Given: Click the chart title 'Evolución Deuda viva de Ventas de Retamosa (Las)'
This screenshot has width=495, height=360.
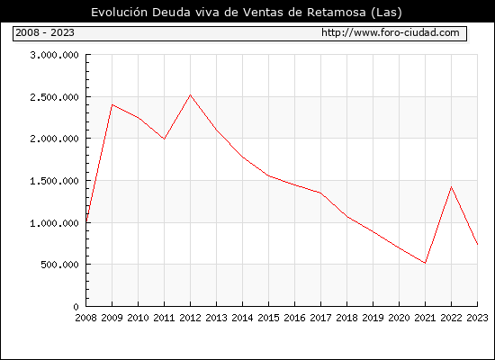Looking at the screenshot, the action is [x=247, y=13].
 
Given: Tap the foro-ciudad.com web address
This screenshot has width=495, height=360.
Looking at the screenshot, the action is [x=391, y=32].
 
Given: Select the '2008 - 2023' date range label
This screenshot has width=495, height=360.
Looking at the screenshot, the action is [x=45, y=32].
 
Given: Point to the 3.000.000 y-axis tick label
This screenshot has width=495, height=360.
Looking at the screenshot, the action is [x=54, y=55].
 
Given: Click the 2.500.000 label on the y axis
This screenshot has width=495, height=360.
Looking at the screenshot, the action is [x=54, y=97].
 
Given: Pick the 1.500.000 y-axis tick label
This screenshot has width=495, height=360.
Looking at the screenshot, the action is [x=54, y=181].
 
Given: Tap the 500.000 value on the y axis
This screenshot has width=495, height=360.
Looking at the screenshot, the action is [x=59, y=265].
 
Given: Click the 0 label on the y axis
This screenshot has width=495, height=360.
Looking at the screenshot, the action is [x=76, y=307].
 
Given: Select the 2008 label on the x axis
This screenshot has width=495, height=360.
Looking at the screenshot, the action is [x=85, y=318].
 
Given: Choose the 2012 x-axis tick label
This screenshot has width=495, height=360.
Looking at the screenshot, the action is [x=191, y=318].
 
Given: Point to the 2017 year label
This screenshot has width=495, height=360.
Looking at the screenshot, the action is [x=320, y=318].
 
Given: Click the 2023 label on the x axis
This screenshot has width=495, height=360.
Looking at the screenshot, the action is [x=477, y=318].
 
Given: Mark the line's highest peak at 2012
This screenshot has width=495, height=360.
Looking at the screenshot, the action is [x=191, y=94].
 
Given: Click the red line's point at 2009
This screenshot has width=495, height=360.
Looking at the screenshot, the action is [x=112, y=104].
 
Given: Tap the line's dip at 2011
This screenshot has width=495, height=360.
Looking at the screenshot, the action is [x=164, y=139].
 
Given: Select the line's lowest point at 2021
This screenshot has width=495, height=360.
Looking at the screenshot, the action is [x=425, y=263].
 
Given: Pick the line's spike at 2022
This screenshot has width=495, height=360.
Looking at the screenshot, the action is [x=452, y=187].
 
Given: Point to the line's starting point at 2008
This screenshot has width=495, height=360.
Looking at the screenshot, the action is [x=86, y=220].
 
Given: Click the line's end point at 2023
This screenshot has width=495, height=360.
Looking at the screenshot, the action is [x=477, y=244].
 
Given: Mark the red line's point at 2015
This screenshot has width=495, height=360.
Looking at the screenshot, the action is [x=269, y=175].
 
